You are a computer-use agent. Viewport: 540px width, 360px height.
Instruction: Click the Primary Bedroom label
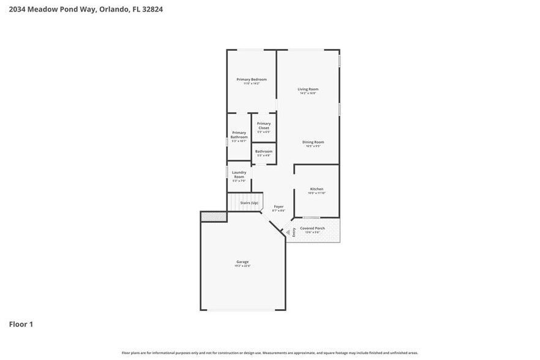[x=252, y=80]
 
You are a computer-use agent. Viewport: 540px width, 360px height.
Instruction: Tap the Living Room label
[x=308, y=89]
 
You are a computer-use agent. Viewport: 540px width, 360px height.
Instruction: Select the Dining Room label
[x=313, y=142]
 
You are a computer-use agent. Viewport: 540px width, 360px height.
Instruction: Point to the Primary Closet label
[x=263, y=126]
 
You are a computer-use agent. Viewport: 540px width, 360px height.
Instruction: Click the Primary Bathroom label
[x=239, y=135]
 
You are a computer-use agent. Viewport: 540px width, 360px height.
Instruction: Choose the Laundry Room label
[x=239, y=174]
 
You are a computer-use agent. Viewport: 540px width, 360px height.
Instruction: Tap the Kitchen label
[x=317, y=189]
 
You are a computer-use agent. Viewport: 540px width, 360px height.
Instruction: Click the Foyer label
[x=279, y=206]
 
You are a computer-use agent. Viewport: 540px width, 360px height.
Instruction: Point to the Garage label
[x=242, y=261]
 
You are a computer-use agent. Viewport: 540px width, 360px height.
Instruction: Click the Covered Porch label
[x=312, y=228]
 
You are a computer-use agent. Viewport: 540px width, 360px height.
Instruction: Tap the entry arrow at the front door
[x=289, y=231]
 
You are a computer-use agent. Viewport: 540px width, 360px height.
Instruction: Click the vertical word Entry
[x=294, y=231]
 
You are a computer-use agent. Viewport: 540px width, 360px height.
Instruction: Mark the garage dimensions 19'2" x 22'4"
[x=242, y=266]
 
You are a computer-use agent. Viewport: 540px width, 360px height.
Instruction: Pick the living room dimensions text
[x=308, y=94]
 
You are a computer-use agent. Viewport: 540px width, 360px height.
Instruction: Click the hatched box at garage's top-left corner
[x=214, y=217]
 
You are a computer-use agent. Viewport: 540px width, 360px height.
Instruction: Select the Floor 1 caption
[x=21, y=324]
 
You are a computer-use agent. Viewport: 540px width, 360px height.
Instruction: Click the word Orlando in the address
[x=113, y=9]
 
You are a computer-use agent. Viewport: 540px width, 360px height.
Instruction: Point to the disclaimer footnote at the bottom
[x=269, y=353]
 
